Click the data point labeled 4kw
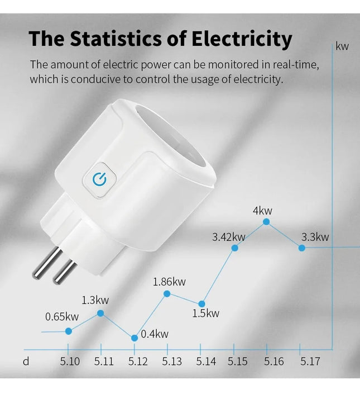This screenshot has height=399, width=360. (266, 222)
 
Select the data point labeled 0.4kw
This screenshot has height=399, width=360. (135, 338)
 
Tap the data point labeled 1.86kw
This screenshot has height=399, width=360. (167, 294)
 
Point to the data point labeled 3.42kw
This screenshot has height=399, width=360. (235, 248)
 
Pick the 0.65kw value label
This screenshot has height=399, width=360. (62, 317)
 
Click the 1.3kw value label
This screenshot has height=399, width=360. (96, 300)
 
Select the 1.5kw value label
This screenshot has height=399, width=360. (205, 313)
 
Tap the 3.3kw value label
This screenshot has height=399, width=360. (315, 237)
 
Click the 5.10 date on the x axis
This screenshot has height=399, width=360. (70, 361)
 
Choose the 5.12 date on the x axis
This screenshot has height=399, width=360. (138, 361)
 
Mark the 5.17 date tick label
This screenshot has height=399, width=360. (310, 361)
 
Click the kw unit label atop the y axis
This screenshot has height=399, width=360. (342, 46)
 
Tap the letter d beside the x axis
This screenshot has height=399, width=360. (26, 361)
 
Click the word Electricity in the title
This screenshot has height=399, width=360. (242, 39)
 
